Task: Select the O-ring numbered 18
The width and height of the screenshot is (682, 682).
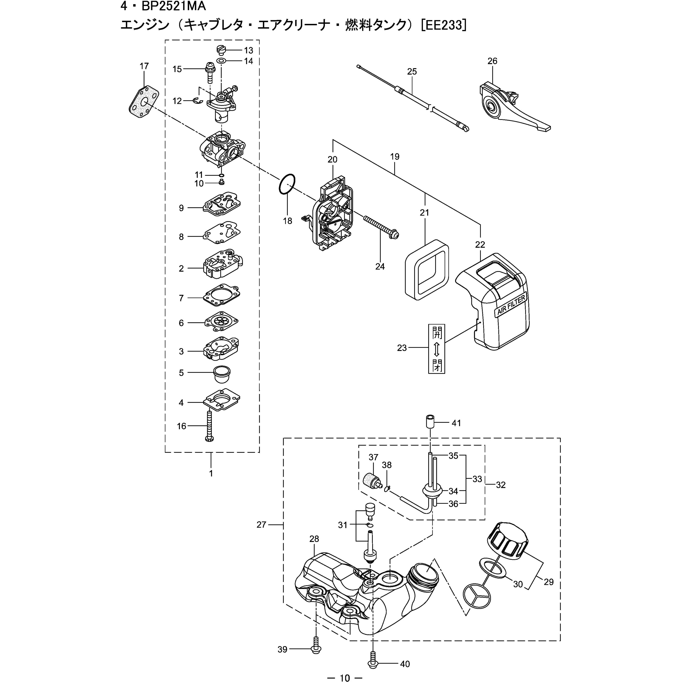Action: click(x=287, y=183)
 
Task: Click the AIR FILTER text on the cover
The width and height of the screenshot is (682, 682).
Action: click(x=511, y=305)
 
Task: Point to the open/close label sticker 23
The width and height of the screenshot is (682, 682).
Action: click(x=436, y=349)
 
